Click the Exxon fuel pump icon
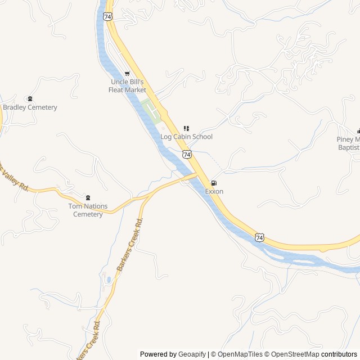[x=214, y=183]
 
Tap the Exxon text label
[x=214, y=192]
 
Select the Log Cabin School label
[x=186, y=137]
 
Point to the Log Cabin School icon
[x=186, y=129]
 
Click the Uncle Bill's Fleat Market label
[x=127, y=85]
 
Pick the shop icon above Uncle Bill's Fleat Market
[x=127, y=74]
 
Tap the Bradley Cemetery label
[x=30, y=107]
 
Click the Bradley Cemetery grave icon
[x=30, y=99]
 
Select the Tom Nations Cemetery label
[x=88, y=210]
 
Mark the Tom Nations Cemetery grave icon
[x=88, y=197]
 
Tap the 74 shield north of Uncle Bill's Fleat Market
[x=107, y=16]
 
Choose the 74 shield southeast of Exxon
[x=259, y=238]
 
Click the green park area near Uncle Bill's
[x=151, y=110]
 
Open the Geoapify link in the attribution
[x=192, y=354]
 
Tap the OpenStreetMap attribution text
[x=295, y=354]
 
